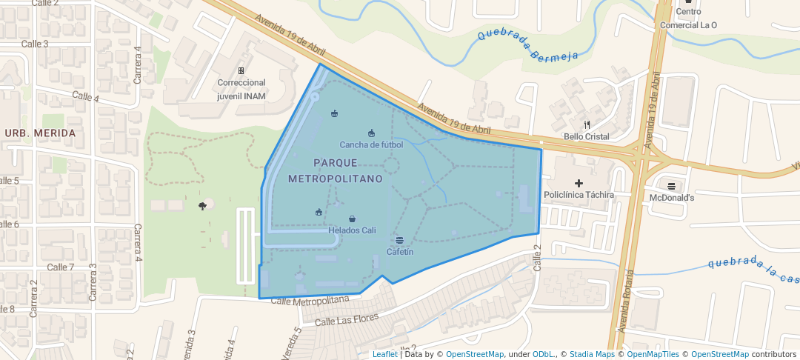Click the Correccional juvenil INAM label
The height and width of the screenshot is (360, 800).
tap(241, 90)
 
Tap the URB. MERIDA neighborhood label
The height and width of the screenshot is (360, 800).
tap(40, 133)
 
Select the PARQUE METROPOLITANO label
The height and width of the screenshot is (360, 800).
tap(335, 170)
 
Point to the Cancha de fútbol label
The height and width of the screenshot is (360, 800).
tap(371, 144)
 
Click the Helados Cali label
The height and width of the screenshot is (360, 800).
tap(352, 230)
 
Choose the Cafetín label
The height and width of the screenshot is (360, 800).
tap(399, 252)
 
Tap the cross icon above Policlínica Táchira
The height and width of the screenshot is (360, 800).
tap(579, 183)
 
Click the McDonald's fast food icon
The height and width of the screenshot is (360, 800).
tap(671, 186)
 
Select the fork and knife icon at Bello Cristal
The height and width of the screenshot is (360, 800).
tap(587, 124)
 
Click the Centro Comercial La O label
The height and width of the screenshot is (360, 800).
tap(688, 19)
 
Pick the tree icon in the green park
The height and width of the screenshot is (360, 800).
tap(202, 206)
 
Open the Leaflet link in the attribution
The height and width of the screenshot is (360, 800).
tap(384, 354)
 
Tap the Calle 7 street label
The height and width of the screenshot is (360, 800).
tap(61, 267)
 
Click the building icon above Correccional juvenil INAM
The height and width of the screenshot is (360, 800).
tap(241, 70)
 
